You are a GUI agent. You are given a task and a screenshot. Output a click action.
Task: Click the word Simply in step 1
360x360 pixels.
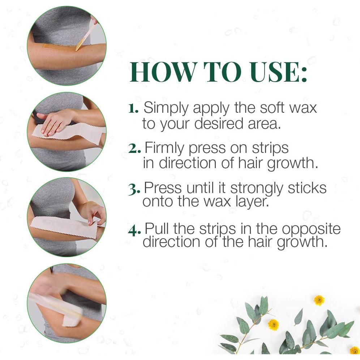point(166,108)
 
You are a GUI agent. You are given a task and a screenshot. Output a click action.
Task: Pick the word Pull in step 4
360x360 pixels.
point(157,229)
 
